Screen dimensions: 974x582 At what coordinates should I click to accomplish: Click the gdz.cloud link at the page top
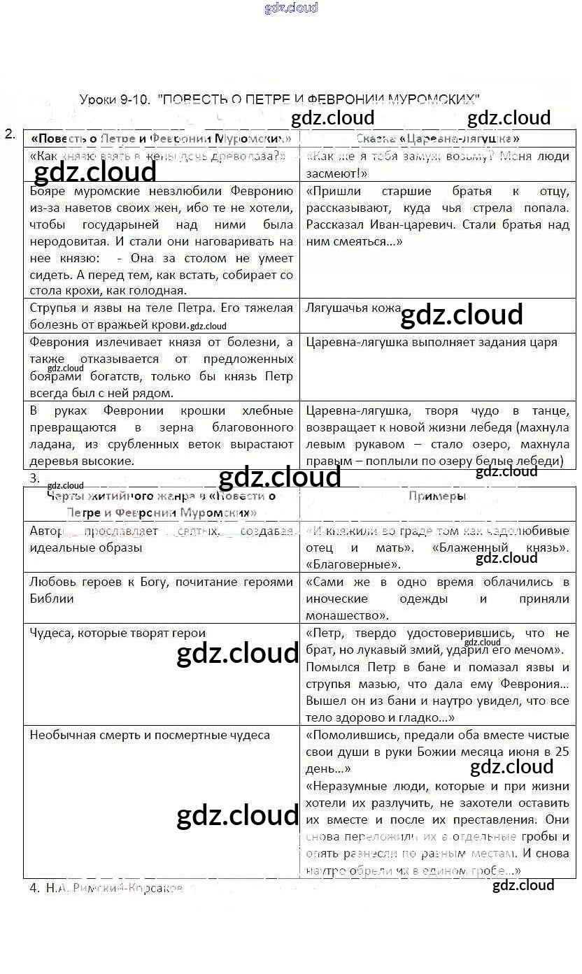pyautogui.click(x=291, y=8)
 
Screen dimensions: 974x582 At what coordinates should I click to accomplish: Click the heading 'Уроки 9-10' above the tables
pyautogui.click(x=114, y=99)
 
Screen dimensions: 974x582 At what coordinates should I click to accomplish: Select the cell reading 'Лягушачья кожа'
pyautogui.click(x=353, y=308)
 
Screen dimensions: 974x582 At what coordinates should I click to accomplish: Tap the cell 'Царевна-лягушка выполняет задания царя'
pyautogui.click(x=432, y=342)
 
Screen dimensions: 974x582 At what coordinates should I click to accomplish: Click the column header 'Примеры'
pyautogui.click(x=437, y=496)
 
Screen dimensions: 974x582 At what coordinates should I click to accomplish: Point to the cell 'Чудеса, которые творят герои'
pyautogui.click(x=118, y=633)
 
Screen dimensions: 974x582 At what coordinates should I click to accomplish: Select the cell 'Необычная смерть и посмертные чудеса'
pyautogui.click(x=150, y=735)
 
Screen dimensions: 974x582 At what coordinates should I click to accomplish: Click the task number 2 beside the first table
pyautogui.click(x=10, y=134)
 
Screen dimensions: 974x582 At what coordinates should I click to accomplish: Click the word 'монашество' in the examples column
pyautogui.click(x=343, y=615)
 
